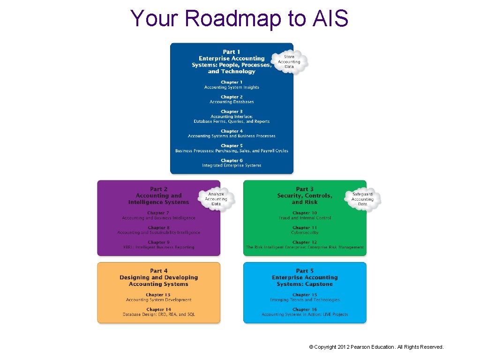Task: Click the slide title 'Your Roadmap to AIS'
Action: point(240,19)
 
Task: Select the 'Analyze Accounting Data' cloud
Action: point(216,199)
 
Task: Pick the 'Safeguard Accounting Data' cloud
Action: point(362,199)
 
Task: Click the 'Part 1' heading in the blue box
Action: point(232,52)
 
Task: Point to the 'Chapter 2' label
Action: point(232,97)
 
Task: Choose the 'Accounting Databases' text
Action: point(232,102)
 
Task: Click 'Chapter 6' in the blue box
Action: point(232,161)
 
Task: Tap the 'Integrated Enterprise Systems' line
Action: point(232,165)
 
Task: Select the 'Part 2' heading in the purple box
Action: point(159,189)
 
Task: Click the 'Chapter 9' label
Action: point(159,242)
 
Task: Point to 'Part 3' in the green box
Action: point(305,189)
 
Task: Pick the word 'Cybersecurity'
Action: point(305,232)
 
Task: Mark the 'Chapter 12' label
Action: point(305,242)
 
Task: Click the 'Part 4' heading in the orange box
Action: point(159,271)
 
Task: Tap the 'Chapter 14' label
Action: point(159,310)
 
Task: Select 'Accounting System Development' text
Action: point(159,300)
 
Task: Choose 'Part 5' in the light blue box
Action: point(305,271)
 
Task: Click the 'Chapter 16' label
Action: point(305,310)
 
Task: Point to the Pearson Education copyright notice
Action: point(376,347)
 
